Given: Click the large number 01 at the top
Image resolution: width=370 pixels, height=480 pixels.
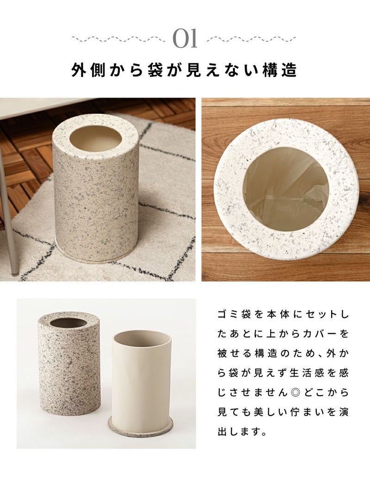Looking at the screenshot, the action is coord(185,39).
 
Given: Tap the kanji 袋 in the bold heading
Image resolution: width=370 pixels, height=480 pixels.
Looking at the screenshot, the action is coord(155,70).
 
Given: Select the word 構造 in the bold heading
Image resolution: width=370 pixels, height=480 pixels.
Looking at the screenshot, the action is coord(279,70).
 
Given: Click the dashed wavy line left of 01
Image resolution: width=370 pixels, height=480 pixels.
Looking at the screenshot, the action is coord(118,39).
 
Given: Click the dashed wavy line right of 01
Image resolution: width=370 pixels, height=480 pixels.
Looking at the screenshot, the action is coord(252,39).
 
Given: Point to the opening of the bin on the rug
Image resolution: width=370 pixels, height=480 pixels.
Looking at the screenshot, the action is coord(95,138).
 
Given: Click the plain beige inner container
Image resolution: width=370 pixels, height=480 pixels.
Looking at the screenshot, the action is coord(141,377).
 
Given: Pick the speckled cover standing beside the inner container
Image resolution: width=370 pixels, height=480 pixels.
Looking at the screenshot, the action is coord(69,364).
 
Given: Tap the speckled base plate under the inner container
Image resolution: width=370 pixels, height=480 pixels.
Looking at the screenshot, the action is coord(141,429).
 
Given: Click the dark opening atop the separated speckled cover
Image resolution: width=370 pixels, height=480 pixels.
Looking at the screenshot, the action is coord(69,322).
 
